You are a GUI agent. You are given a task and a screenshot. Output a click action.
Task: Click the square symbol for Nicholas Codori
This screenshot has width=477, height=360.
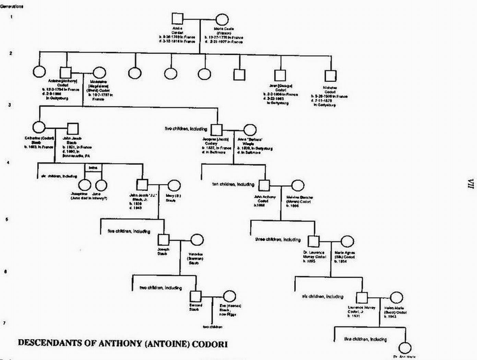(x=330, y=76)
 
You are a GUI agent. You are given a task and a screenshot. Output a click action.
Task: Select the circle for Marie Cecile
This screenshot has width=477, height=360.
(x=222, y=20)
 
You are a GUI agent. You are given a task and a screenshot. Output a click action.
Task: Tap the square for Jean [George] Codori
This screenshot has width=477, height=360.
(x=280, y=76)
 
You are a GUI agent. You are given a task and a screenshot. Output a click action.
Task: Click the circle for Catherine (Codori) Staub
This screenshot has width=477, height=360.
(x=39, y=128)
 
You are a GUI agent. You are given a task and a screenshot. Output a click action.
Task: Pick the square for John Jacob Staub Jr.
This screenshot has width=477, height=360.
(x=142, y=184)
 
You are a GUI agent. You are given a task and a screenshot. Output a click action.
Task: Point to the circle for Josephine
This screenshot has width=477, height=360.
(x=85, y=185)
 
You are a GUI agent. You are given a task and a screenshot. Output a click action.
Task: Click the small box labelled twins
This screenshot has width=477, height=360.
(x=93, y=168)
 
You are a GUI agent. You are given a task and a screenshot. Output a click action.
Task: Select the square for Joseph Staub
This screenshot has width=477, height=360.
(x=164, y=240)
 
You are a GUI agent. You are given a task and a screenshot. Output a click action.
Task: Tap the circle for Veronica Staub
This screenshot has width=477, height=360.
(x=196, y=240)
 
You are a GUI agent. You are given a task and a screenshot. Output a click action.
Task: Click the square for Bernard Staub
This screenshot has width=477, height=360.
(x=195, y=296)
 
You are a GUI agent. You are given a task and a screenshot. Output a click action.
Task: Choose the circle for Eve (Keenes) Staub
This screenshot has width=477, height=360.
(x=229, y=296)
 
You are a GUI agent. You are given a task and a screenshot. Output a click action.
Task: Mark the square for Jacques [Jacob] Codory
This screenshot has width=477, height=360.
(x=216, y=130)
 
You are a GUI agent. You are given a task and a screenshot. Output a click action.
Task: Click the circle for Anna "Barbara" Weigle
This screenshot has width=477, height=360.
(x=250, y=130)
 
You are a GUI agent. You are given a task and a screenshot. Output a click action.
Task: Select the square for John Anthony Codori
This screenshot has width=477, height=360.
(x=264, y=185)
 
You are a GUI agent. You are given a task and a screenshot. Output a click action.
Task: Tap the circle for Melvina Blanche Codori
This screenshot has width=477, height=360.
(x=297, y=185)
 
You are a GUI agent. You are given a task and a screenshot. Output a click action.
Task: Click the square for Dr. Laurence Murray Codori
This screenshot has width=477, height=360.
(x=313, y=241)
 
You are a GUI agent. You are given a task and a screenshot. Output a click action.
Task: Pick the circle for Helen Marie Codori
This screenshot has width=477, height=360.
(x=396, y=298)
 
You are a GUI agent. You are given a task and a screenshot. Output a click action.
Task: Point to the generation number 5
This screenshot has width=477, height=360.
(x=7, y=219)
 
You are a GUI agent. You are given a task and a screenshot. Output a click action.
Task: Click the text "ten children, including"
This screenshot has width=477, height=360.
(x=233, y=184)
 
